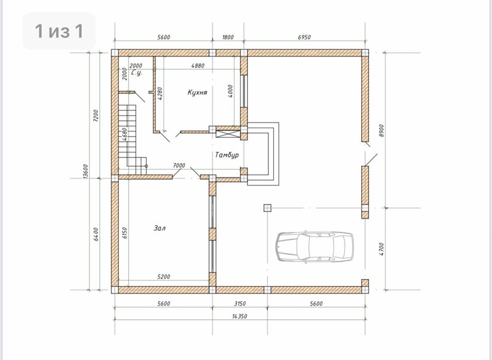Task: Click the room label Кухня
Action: tap(197, 92)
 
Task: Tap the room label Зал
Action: tap(160, 228)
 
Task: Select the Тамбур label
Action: tap(227, 155)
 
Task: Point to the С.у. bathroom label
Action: tap(137, 73)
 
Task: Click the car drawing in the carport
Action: tap(315, 247)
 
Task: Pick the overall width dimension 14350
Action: tap(239, 316)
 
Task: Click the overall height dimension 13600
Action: tap(85, 172)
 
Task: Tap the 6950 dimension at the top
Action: tap(304, 37)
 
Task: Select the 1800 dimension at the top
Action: tap(228, 37)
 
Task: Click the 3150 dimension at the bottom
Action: tap(240, 303)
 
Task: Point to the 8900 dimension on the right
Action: tap(381, 131)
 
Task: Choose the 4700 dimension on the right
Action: tap(381, 249)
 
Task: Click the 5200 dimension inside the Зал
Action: tap(164, 277)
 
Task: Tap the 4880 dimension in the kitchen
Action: tap(198, 65)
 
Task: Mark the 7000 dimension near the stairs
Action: tap(179, 165)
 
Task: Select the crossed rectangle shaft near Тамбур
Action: tap(228, 134)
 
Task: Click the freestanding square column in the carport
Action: tap(267, 208)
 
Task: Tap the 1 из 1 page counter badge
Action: tap(59, 31)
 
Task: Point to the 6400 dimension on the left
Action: tap(96, 234)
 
